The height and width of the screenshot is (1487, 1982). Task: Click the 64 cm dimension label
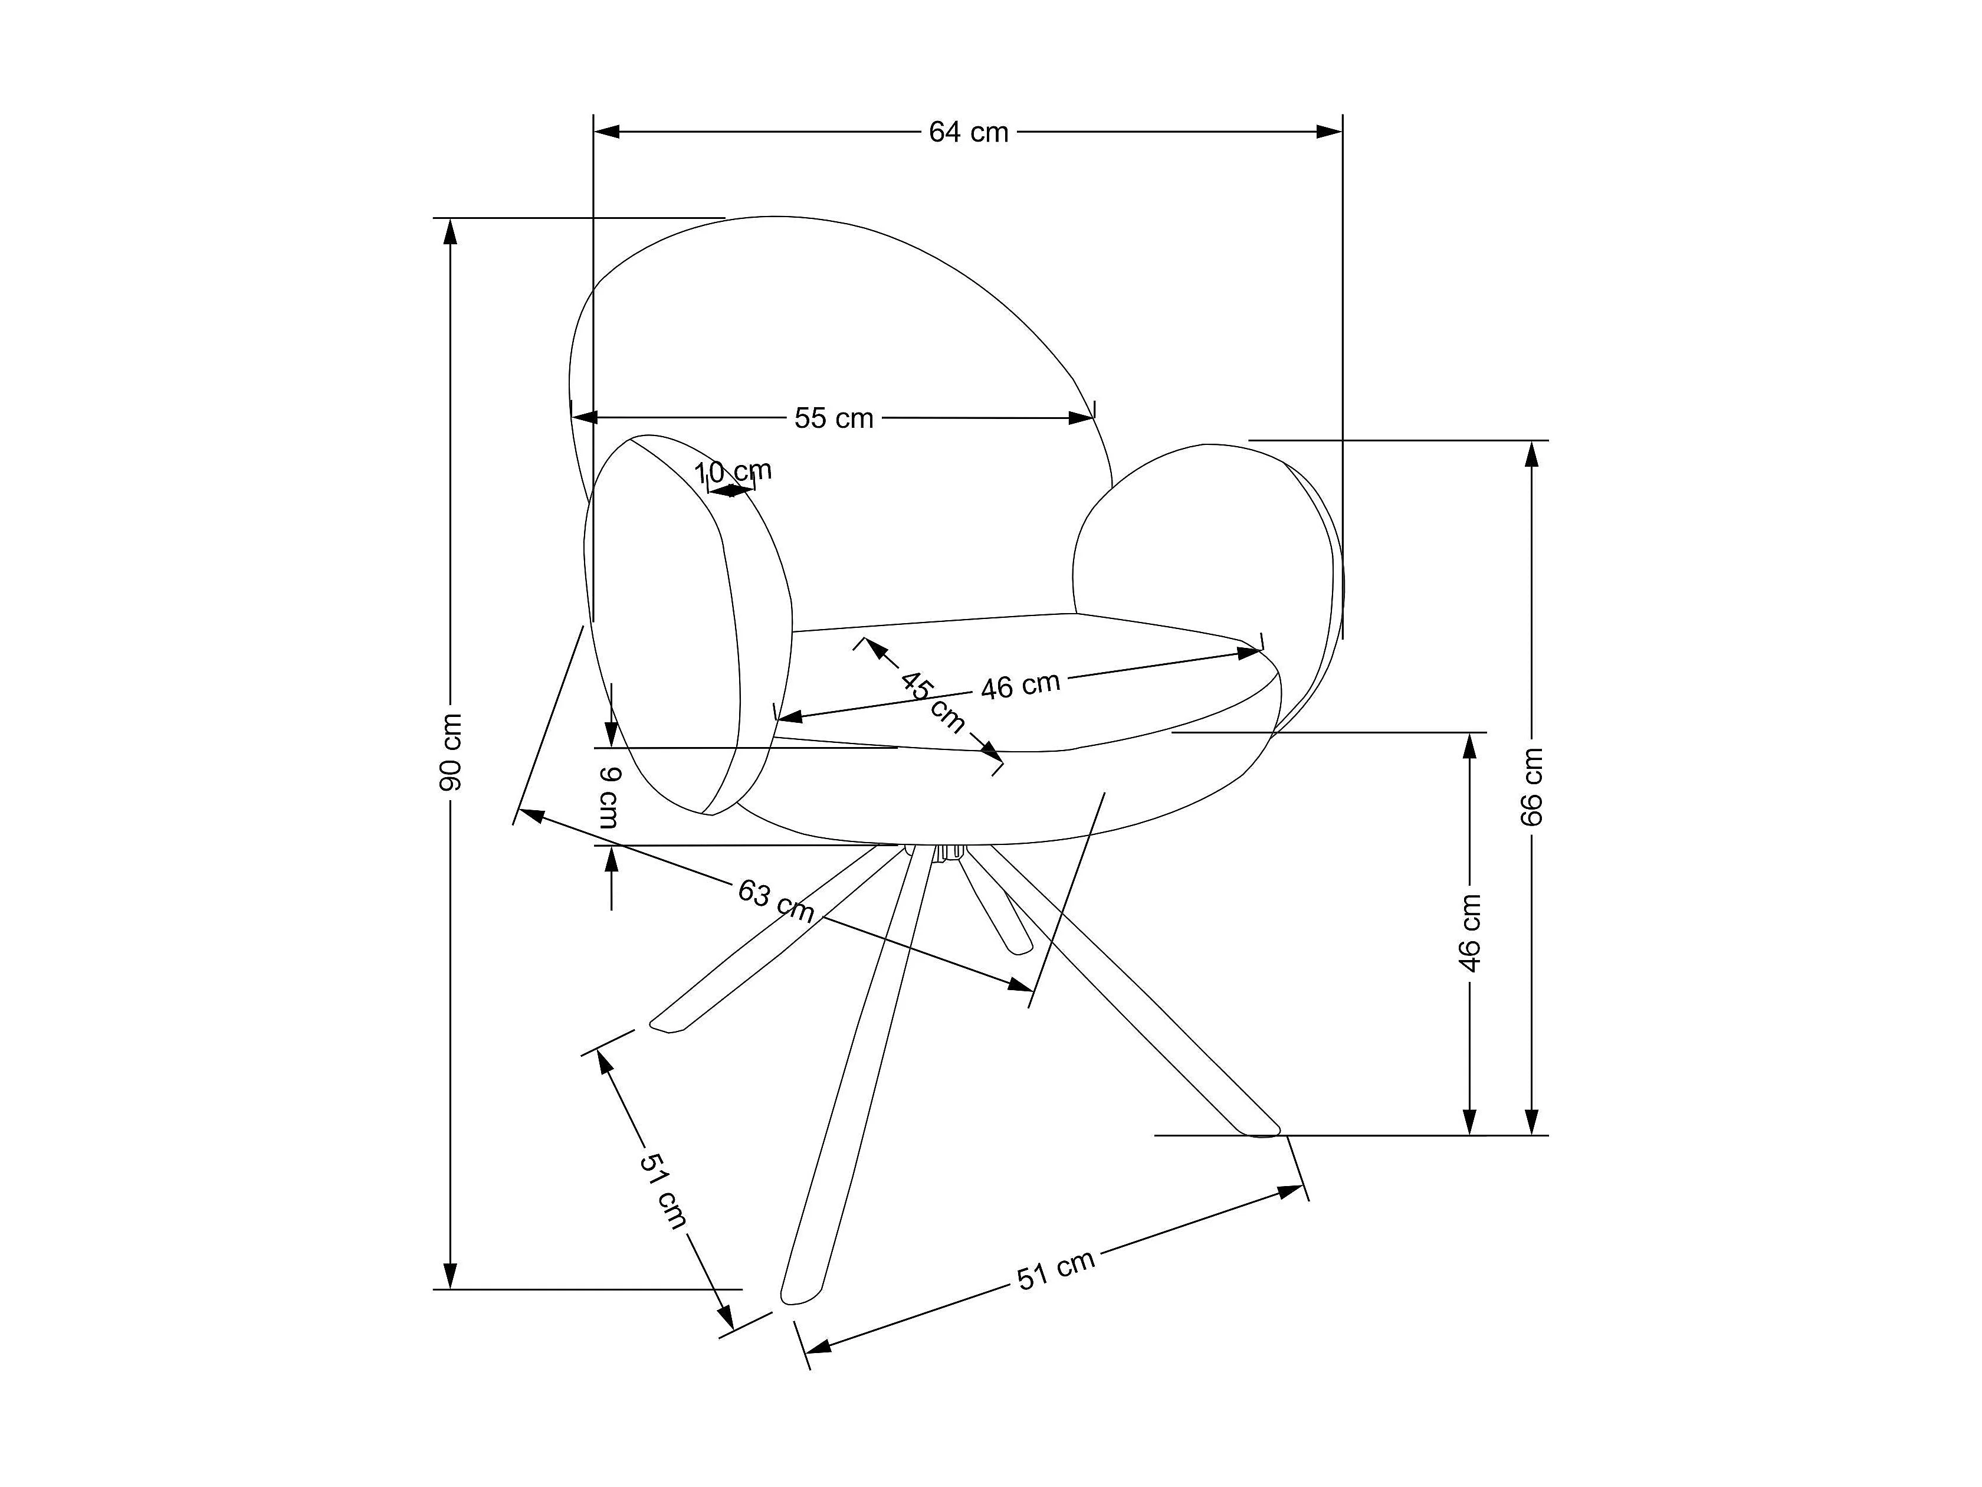969,133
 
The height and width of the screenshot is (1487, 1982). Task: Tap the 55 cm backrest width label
834,418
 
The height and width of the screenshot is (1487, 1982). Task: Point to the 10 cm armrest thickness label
733,471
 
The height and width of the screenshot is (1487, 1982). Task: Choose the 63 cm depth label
776,901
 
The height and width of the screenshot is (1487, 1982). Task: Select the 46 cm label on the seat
1020,686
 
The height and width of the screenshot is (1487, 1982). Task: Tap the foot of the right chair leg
1264,1131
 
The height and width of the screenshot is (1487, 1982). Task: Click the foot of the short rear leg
1020,946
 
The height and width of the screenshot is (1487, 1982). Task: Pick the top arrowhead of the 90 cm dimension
451,231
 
